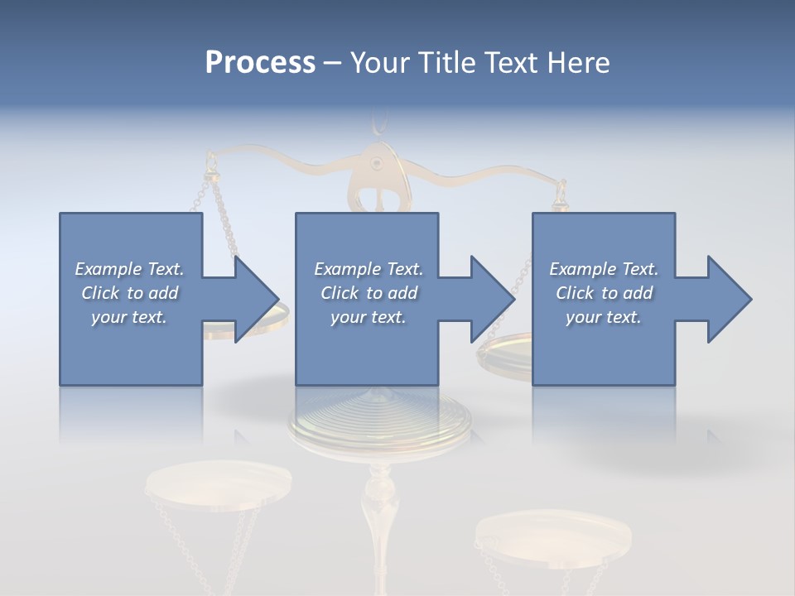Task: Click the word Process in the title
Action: click(260, 63)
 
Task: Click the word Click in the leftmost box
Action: click(100, 293)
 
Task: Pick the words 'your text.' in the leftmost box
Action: click(129, 317)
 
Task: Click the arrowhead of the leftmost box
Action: click(257, 299)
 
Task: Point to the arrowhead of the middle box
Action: click(493, 299)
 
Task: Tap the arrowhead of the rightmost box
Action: click(729, 299)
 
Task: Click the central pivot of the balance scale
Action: click(378, 163)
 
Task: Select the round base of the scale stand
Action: click(378, 422)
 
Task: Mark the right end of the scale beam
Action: click(561, 184)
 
